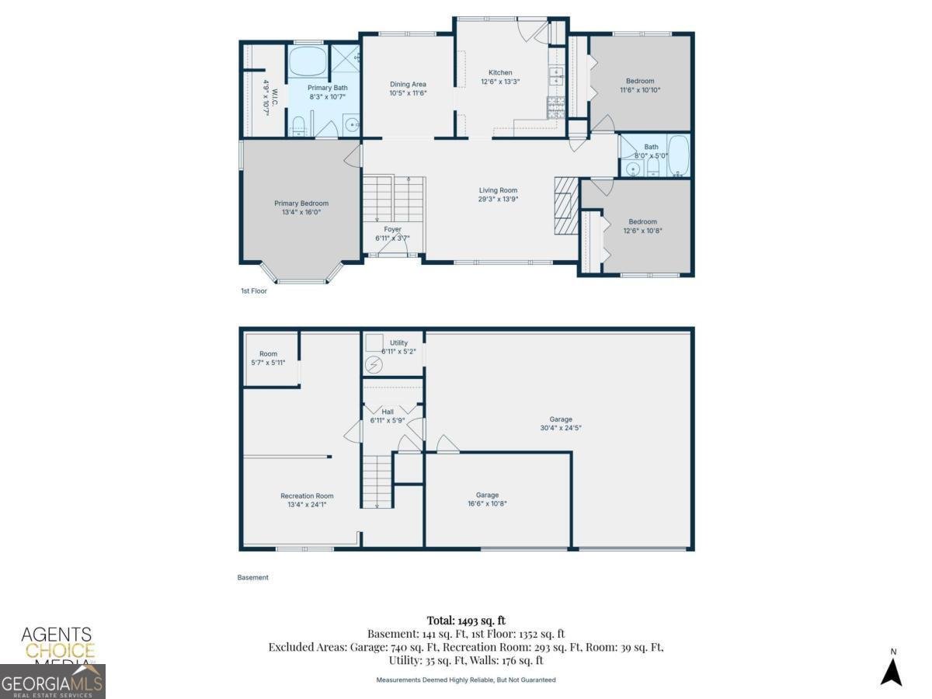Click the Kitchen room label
[500, 72]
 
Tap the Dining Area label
[408, 84]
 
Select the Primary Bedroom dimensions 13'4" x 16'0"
[301, 212]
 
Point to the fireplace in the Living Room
[566, 205]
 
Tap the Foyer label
[392, 229]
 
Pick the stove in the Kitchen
[556, 107]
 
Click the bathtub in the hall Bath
[678, 155]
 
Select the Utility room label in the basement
[398, 343]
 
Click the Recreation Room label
[307, 496]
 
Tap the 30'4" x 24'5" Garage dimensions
[561, 428]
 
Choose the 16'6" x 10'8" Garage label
[487, 495]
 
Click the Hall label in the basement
[388, 412]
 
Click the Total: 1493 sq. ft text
[466, 621]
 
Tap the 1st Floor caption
[254, 290]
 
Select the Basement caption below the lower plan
[252, 577]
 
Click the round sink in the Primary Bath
[352, 124]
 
